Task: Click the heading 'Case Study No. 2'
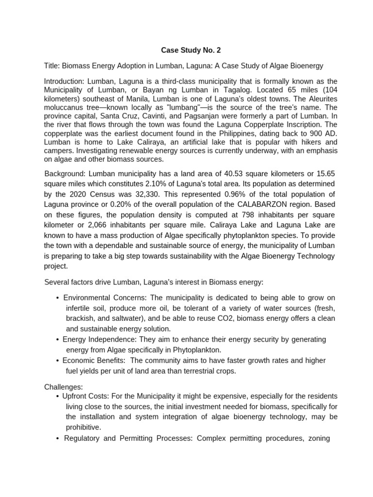pyautogui.click(x=187, y=50)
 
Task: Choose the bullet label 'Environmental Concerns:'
pyautogui.click(x=100, y=297)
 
